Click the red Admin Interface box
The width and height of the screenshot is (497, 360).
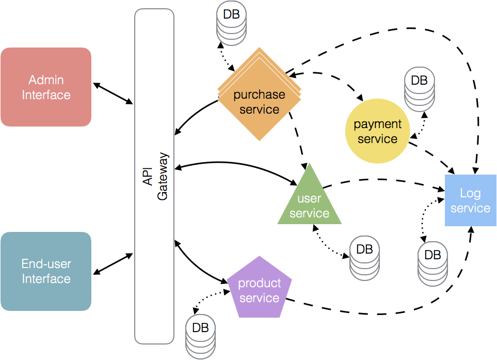click(x=46, y=87)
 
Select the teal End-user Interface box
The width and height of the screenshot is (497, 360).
click(x=46, y=271)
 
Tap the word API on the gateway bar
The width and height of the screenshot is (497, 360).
click(x=148, y=176)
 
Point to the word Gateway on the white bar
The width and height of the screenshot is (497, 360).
click(x=163, y=176)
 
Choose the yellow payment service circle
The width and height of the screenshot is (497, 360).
click(x=377, y=132)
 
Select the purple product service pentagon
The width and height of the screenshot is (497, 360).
click(x=259, y=289)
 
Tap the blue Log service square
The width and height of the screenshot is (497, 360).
click(x=470, y=200)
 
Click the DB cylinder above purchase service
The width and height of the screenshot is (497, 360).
click(x=231, y=23)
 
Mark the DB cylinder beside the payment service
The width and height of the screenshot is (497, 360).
click(x=419, y=89)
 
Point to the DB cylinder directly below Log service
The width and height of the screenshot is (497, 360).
click(x=432, y=263)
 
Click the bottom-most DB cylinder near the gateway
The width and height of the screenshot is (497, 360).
click(x=200, y=336)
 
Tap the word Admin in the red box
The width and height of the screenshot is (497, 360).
click(x=46, y=80)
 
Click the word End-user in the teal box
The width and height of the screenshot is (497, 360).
click(x=46, y=264)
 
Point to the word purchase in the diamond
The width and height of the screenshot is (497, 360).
click(x=259, y=95)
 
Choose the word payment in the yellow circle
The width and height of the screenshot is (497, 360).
click(x=377, y=124)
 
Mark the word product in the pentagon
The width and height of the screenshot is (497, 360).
click(x=259, y=283)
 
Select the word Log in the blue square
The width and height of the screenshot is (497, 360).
click(x=470, y=193)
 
